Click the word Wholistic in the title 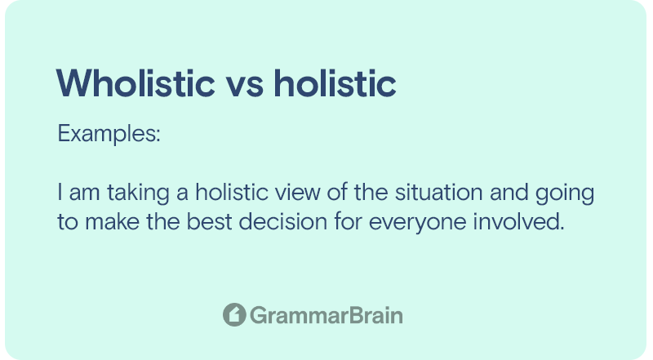pyautogui.click(x=135, y=83)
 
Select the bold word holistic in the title pyautogui.click(x=335, y=83)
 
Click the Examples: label pyautogui.click(x=109, y=134)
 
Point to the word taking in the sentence pyautogui.click(x=138, y=193)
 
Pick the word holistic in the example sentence pyautogui.click(x=232, y=192)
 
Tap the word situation pyautogui.click(x=439, y=193)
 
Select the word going pyautogui.click(x=565, y=193)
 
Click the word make pyautogui.click(x=113, y=221)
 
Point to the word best pyautogui.click(x=209, y=221)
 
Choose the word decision pyautogui.click(x=282, y=221)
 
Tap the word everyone pyautogui.click(x=418, y=223)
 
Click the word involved pyautogui.click(x=518, y=221)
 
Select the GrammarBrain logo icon pyautogui.click(x=234, y=314)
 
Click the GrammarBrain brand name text pyautogui.click(x=326, y=315)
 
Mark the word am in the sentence pyautogui.click(x=85, y=194)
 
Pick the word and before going pyautogui.click(x=509, y=193)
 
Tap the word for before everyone pyautogui.click(x=349, y=221)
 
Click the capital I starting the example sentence pyautogui.click(x=60, y=193)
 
